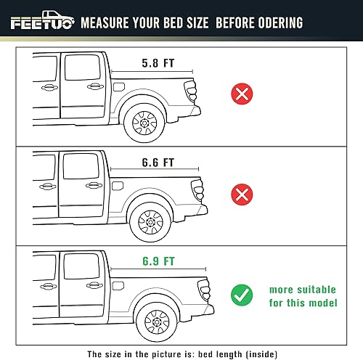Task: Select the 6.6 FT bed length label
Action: coord(158,162)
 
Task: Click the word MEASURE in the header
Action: coord(108,22)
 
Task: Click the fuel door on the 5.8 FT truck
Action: coord(118,87)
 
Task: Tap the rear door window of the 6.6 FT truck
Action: coord(76,168)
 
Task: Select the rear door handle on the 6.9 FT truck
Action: coord(93,282)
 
